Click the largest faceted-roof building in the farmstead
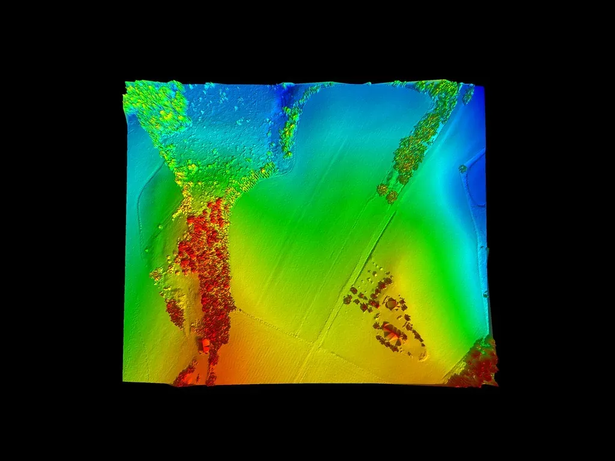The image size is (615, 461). [x=392, y=334]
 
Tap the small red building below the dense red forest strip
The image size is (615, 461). [x=205, y=345]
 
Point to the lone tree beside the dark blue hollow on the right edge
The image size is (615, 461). [x=462, y=169]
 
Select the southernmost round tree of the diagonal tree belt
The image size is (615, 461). [x=391, y=196]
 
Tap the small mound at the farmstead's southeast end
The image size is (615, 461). [x=423, y=355]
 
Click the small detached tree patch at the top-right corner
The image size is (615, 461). [x=468, y=94]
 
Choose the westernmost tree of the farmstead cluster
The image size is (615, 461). [x=347, y=298]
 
